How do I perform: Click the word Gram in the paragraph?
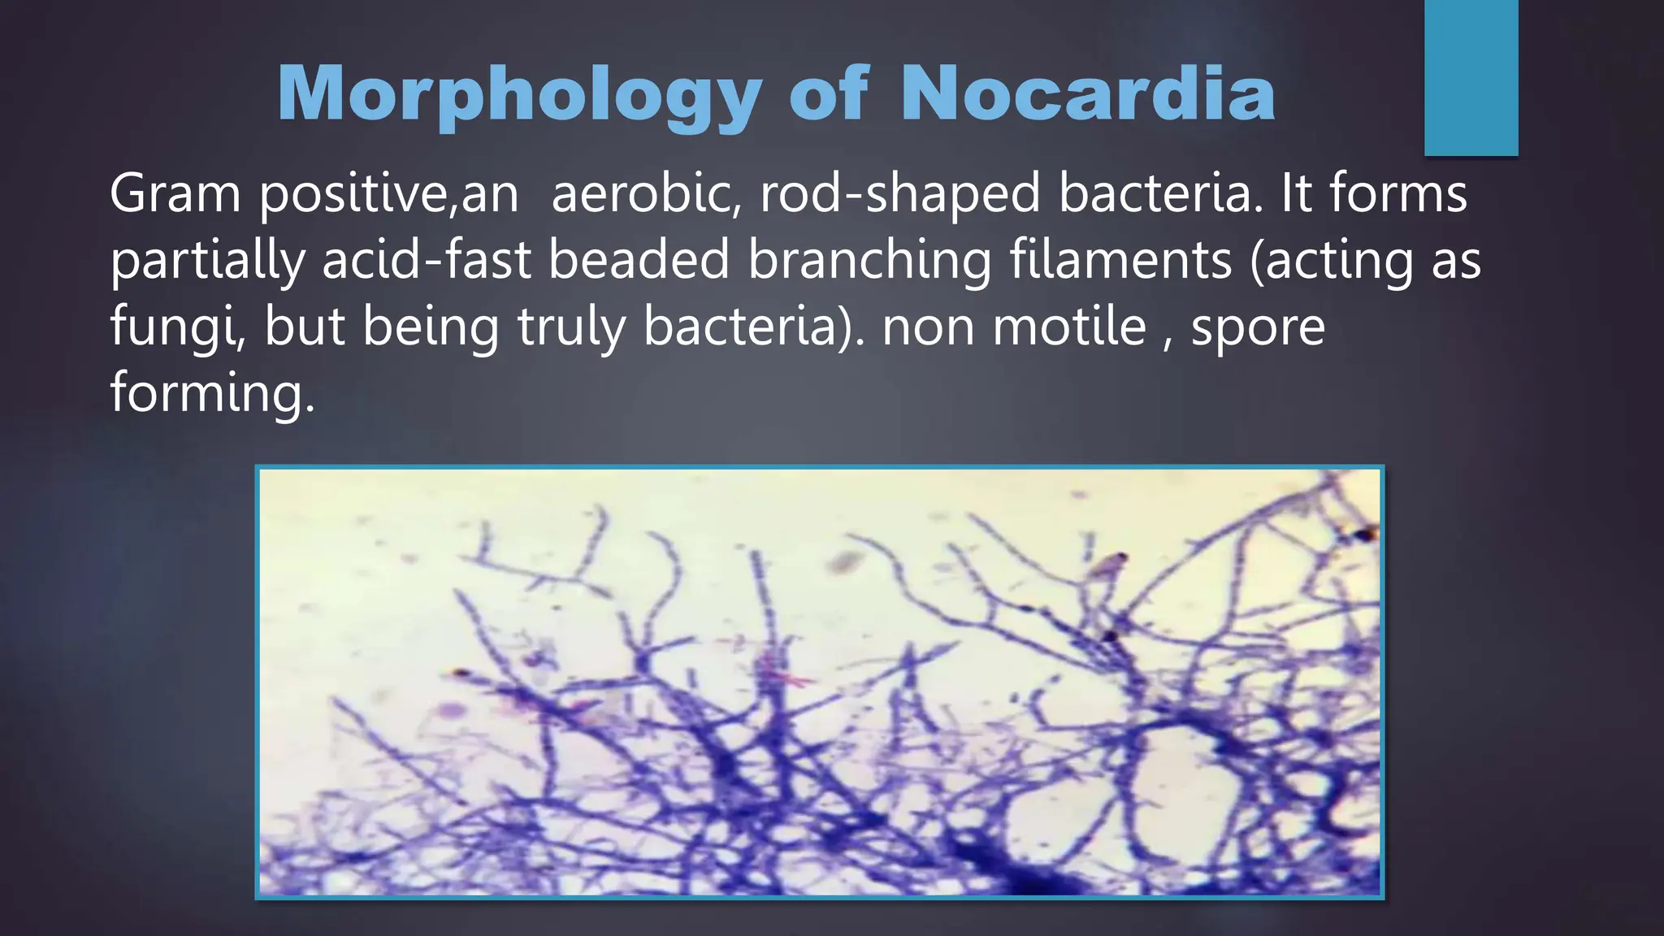175,194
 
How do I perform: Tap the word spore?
1258,328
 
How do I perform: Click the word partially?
207,262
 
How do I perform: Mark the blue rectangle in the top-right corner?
1471,77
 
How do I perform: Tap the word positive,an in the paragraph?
388,196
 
